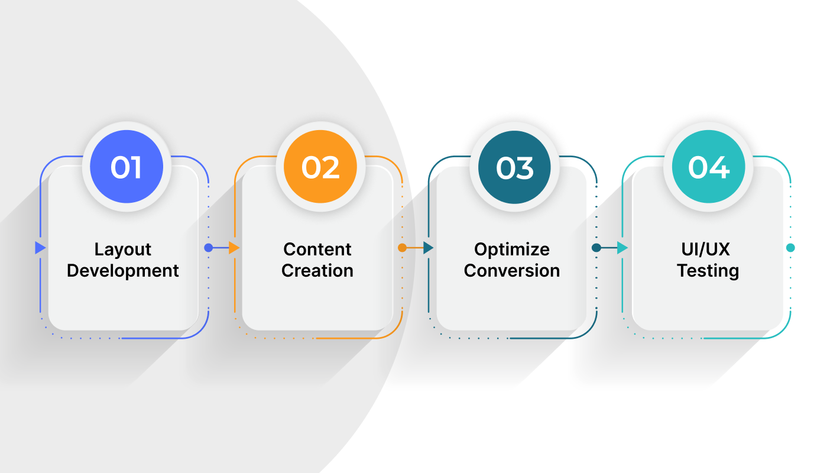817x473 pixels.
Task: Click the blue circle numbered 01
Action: tap(127, 167)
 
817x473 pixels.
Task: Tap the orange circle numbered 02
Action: tap(320, 167)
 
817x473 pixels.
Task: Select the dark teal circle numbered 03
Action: tap(514, 167)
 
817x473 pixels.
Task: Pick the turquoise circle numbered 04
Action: tap(708, 167)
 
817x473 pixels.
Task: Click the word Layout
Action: tap(123, 250)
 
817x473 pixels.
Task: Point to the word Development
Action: tap(123, 271)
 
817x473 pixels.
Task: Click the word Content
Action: tap(317, 249)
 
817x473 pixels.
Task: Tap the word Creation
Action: tap(317, 271)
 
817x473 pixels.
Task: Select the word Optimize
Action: tap(512, 250)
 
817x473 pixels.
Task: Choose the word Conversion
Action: tap(512, 271)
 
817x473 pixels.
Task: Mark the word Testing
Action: tap(708, 271)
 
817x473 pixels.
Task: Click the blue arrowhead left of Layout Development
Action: tap(40, 248)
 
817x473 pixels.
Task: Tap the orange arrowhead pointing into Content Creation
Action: tap(234, 248)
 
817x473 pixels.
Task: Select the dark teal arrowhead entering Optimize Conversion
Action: tap(429, 248)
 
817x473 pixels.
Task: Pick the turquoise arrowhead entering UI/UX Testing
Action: tap(622, 248)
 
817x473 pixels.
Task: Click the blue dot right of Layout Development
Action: tap(208, 248)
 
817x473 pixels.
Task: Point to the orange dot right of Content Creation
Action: tap(402, 248)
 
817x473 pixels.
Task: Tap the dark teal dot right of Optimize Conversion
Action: tap(596, 248)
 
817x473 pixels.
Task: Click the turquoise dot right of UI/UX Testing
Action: tap(790, 248)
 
